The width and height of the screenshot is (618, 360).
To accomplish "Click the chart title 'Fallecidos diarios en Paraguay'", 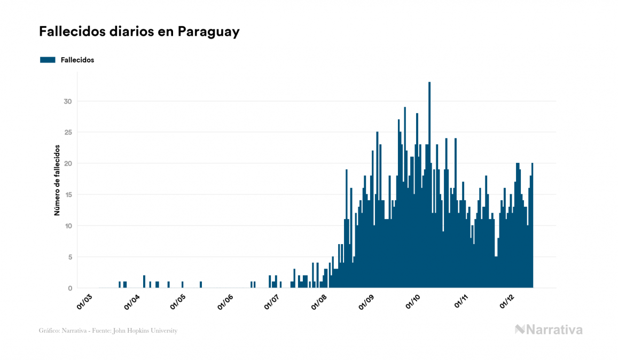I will tap(139, 32).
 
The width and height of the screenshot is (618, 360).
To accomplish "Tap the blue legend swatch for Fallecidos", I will tap(48, 60).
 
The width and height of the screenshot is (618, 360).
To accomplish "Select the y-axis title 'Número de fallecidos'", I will tap(57, 180).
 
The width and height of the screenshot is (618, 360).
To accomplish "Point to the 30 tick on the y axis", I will tap(68, 101).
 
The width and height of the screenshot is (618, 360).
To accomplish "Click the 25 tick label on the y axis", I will tap(68, 132).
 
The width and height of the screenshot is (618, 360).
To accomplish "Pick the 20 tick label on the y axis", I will tap(68, 163).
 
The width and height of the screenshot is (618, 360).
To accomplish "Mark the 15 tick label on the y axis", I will tap(68, 195).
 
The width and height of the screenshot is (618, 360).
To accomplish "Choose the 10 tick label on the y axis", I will tap(68, 226).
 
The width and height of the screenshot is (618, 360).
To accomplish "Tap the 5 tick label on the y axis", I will tap(69, 257).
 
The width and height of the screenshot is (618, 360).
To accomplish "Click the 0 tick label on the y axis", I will tap(69, 288).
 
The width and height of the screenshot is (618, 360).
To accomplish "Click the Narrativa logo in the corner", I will tap(549, 330).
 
